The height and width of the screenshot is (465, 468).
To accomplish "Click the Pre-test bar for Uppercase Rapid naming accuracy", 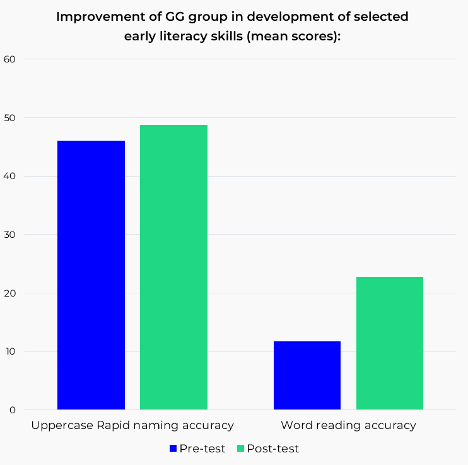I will pos(91,275).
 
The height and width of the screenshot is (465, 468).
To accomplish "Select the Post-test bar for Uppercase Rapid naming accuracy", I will pos(173,268).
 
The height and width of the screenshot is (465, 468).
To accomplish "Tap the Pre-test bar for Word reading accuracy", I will pos(307,375).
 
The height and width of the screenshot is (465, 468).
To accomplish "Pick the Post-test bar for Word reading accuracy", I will pos(390,343).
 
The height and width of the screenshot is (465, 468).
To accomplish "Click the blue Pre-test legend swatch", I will pos(173,449).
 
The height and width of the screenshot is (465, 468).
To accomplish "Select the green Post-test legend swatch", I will pos(240,449).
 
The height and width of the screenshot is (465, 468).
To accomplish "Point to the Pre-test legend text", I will pos(202,449).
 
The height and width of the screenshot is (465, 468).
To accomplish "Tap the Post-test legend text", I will pos(272,449).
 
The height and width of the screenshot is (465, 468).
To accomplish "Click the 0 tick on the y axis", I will pos(13,410).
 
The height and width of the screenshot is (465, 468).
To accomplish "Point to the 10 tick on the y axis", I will pos(10,351).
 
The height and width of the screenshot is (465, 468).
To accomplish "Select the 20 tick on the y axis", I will pos(10,293).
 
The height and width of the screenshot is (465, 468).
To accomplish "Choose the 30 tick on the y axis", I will pos(10,235).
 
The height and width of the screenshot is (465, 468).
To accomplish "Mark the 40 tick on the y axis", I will pos(10,176).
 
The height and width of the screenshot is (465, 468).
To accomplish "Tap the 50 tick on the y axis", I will pos(10,118).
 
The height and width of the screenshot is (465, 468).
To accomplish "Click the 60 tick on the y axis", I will pos(10,59).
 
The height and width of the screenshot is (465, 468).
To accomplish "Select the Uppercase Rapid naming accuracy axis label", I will pos(132,425).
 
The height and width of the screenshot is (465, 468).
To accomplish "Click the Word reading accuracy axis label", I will pos(348,425).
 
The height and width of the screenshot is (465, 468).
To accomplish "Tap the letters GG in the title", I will pos(162,17).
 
